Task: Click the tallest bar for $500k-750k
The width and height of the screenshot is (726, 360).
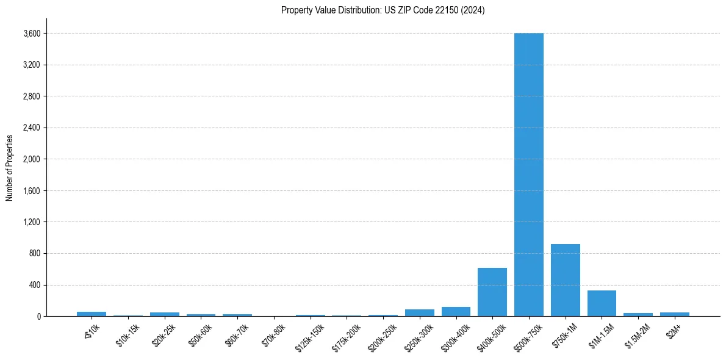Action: click(528, 175)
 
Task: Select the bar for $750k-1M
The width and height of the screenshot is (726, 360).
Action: click(565, 280)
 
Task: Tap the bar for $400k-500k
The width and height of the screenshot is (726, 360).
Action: click(492, 292)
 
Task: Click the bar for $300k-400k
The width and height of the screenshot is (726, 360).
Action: click(456, 312)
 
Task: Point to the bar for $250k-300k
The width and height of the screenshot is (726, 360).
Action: click(419, 313)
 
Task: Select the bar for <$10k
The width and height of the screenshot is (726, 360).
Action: click(92, 314)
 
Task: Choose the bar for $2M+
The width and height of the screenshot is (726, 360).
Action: click(674, 314)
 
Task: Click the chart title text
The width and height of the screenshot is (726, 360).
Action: click(383, 10)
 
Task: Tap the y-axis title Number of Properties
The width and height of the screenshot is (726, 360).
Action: click(10, 167)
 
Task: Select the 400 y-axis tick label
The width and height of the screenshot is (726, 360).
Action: click(35, 285)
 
